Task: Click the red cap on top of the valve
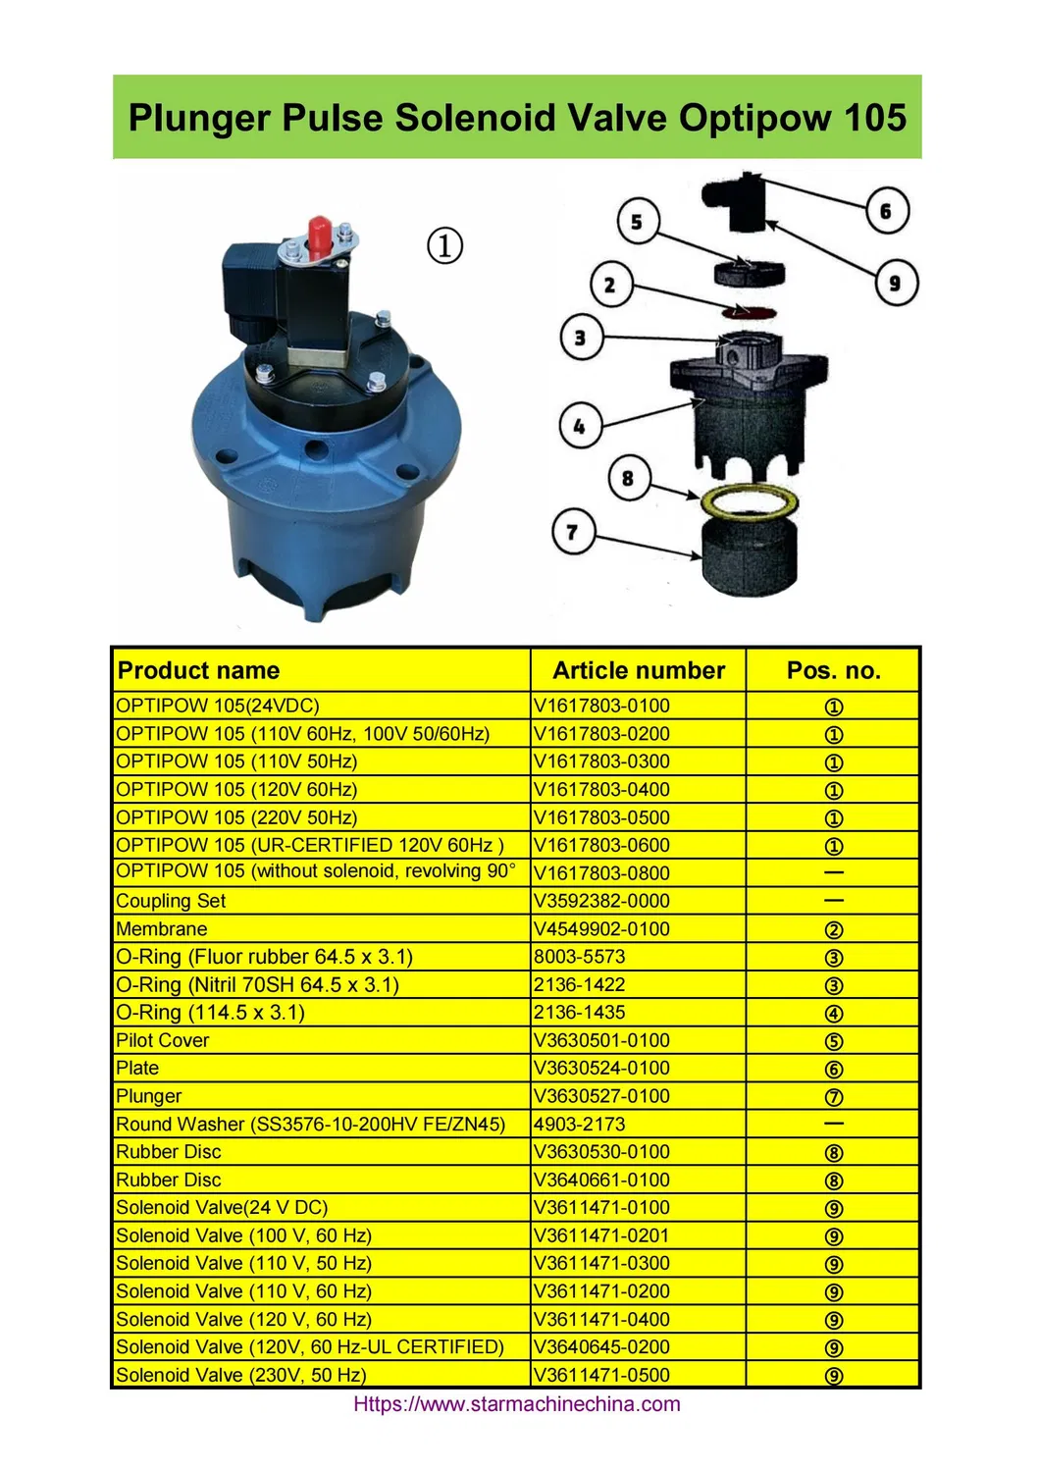pyautogui.click(x=319, y=235)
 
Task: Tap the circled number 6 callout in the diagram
pyautogui.click(x=887, y=211)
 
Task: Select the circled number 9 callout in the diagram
pyautogui.click(x=896, y=283)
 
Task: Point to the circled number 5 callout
pyautogui.click(x=637, y=222)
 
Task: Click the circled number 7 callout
pyautogui.click(x=573, y=532)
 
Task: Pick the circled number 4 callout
pyautogui.click(x=580, y=426)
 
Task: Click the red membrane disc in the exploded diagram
pyautogui.click(x=749, y=313)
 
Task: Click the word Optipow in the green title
pyautogui.click(x=743, y=118)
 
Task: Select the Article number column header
pyautogui.click(x=639, y=670)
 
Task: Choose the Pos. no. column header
pyautogui.click(x=833, y=670)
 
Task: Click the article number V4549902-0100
pyautogui.click(x=601, y=928)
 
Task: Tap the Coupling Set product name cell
pyautogui.click(x=171, y=901)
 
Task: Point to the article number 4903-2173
pyautogui.click(x=579, y=1124)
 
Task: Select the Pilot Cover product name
pyautogui.click(x=163, y=1040)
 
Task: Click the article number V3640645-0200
pyautogui.click(x=601, y=1346)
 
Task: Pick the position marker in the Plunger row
pyautogui.click(x=834, y=1097)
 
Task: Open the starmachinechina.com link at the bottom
pyautogui.click(x=516, y=1403)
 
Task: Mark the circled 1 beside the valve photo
pyautogui.click(x=444, y=245)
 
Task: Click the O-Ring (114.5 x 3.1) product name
pyautogui.click(x=210, y=1012)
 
